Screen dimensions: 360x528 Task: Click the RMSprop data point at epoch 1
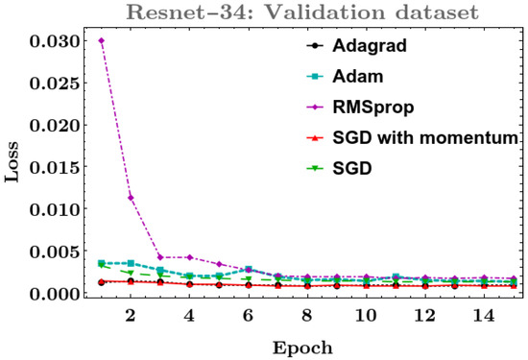(x=101, y=40)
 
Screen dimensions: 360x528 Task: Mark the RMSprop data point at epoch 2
(x=131, y=198)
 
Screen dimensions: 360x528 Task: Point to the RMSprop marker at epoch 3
(x=160, y=257)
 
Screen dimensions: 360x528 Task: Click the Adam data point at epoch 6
(x=248, y=270)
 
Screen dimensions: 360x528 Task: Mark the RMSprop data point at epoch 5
(x=219, y=264)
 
